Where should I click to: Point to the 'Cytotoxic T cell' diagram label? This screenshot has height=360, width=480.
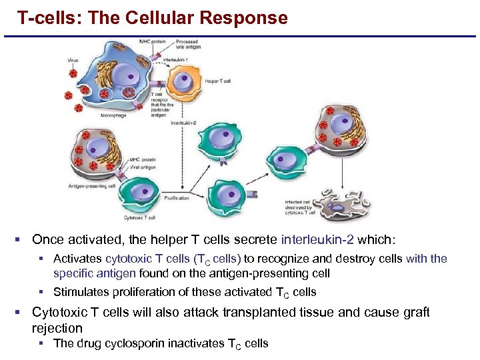click(x=141, y=217)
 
